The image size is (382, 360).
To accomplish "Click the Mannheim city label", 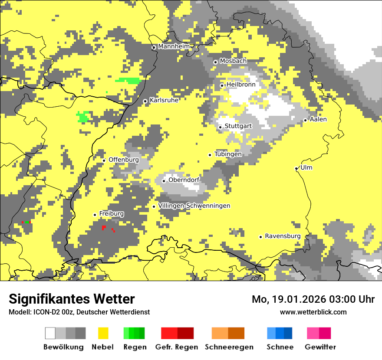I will pyautogui.click(x=174, y=46).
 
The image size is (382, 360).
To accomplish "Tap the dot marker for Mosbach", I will pyautogui.click(x=215, y=62).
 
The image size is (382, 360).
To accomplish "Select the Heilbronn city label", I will pyautogui.click(x=241, y=85).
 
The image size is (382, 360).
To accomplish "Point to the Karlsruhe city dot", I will pyautogui.click(x=145, y=101).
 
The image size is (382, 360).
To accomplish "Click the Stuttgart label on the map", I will pyautogui.click(x=238, y=126).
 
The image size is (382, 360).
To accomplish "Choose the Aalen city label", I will pyautogui.click(x=318, y=119).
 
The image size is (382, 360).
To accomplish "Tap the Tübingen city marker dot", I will pyautogui.click(x=210, y=155).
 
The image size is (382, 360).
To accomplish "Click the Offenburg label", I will pyautogui.click(x=124, y=160).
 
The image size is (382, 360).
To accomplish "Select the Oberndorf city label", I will pyautogui.click(x=184, y=180).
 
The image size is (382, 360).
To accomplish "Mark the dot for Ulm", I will pyautogui.click(x=296, y=169).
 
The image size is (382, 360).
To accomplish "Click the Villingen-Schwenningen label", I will pyautogui.click(x=194, y=206).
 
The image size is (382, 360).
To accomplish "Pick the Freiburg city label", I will pyautogui.click(x=112, y=214).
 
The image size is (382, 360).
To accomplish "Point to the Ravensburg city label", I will pyautogui.click(x=283, y=236).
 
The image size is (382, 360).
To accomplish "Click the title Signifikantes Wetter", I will pyautogui.click(x=72, y=299).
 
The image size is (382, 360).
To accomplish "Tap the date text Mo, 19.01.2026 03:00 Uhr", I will pyautogui.click(x=313, y=299).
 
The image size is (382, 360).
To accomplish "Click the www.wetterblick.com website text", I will pyautogui.click(x=313, y=312).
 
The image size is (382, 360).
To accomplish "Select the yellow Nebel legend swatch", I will pyautogui.click(x=103, y=333).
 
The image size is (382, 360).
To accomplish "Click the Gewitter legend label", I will pyautogui.click(x=320, y=347).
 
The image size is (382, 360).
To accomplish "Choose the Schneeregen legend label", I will pyautogui.click(x=229, y=347).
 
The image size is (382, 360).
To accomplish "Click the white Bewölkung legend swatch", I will pyautogui.click(x=50, y=333).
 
